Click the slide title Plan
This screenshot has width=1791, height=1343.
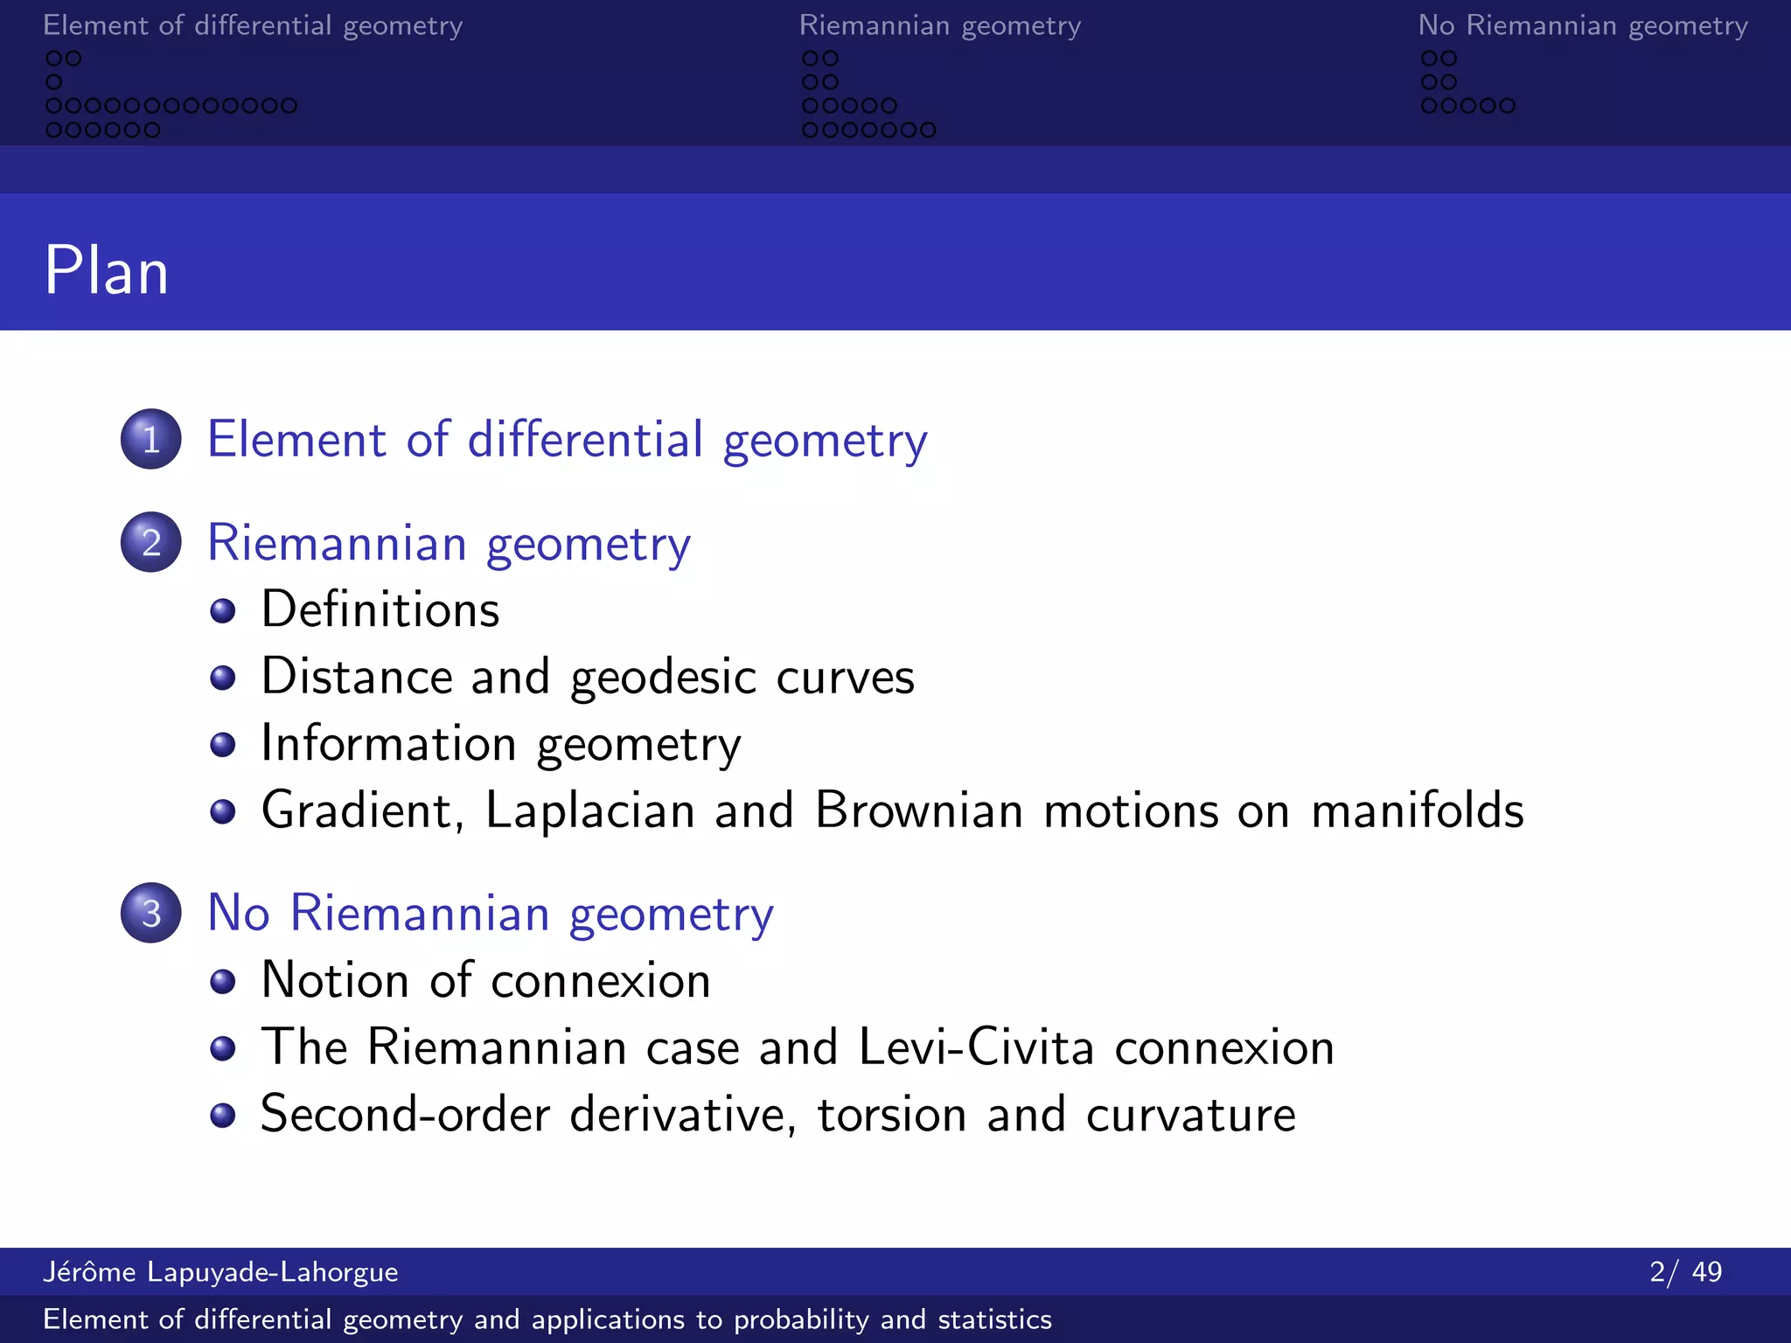point(106,270)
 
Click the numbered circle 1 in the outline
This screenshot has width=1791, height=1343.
point(151,439)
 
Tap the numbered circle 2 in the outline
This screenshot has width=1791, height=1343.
point(151,542)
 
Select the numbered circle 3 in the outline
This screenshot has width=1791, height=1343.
point(151,913)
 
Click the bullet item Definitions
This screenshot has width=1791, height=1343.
point(380,609)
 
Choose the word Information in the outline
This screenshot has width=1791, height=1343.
point(388,744)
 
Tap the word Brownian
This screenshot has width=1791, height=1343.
point(918,811)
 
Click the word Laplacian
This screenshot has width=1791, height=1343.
point(589,811)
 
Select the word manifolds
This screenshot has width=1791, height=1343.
point(1417,811)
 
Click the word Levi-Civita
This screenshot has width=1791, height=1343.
point(976,1047)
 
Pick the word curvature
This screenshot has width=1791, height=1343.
point(1191,1114)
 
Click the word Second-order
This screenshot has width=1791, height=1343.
point(406,1114)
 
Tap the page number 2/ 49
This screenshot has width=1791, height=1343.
point(1685,1271)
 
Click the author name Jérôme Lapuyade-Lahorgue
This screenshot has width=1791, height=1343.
point(220,1271)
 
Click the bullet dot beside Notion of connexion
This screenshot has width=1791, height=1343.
point(223,981)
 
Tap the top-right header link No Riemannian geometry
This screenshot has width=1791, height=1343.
point(1583,26)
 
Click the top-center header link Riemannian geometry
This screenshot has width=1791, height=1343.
point(940,26)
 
